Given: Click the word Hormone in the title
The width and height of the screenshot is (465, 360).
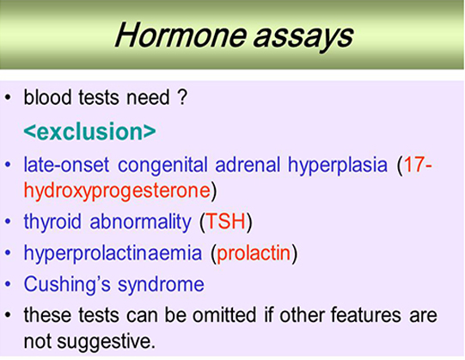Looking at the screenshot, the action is point(180,35).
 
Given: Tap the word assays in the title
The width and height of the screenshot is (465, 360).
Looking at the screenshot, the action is point(303,39).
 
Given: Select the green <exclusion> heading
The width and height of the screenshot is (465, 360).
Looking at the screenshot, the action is point(89,131).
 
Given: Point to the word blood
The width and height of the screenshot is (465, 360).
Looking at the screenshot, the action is point(47,97).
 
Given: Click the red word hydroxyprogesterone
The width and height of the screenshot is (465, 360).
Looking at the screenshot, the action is point(117,191).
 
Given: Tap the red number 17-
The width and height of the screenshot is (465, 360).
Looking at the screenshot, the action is point(418,164).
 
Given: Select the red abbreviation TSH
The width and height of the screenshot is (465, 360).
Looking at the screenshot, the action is point(226,221).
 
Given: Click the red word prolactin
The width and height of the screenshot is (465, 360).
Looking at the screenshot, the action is point(254,253).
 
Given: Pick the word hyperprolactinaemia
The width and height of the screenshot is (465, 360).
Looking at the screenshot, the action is point(113,253).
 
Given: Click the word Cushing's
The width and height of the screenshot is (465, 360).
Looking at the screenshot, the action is point(67,284).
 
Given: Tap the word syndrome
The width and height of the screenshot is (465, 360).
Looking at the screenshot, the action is point(161,285).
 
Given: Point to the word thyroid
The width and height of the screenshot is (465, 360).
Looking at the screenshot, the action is point(52,222).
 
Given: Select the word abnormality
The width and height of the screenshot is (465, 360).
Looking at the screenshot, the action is point(141,222).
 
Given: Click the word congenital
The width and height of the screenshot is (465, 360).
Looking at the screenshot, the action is point(162,165).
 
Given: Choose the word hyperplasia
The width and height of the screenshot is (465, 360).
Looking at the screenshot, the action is point(338,165).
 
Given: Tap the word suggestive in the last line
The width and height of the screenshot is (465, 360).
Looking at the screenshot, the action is point(106,342).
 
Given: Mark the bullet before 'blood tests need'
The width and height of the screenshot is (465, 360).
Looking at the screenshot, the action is point(8,98).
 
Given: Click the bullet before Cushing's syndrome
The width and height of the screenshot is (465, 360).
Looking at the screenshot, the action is point(8,284).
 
